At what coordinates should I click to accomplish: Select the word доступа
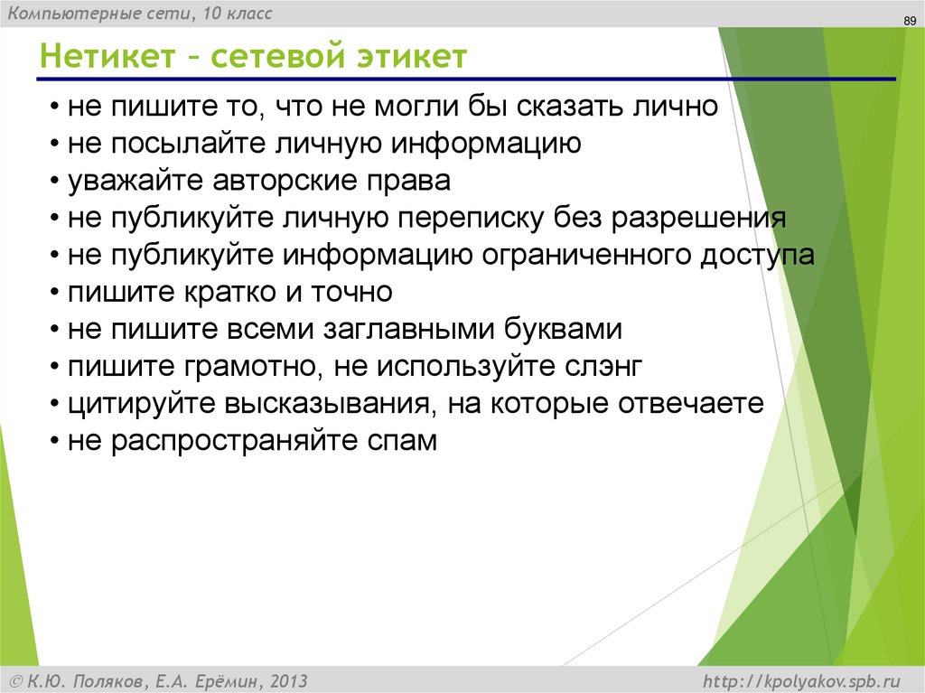(757, 256)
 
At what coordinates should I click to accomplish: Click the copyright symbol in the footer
(16, 679)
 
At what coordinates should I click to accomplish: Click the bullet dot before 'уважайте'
(56, 182)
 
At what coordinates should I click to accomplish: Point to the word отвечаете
(692, 404)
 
